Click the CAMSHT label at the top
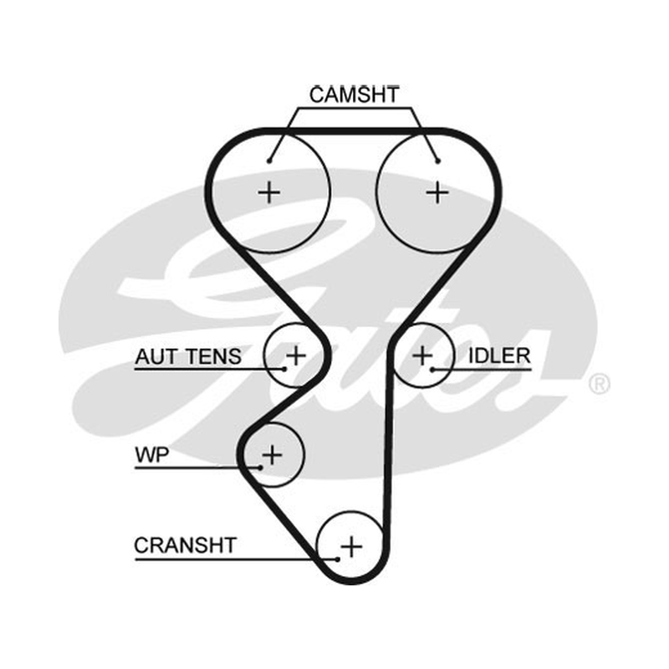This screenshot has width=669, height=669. tap(354, 94)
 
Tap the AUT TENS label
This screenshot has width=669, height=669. tap(188, 357)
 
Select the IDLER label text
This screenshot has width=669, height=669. tap(499, 356)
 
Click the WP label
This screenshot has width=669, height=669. tap(152, 455)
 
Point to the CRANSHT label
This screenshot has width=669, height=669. tap(185, 545)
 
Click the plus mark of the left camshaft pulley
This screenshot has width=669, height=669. tap(268, 192)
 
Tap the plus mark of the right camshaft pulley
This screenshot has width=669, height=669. tap(437, 193)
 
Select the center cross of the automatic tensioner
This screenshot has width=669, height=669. tap(296, 355)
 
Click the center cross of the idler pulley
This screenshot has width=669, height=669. tap(422, 355)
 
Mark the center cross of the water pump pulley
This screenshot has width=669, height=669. tap(272, 454)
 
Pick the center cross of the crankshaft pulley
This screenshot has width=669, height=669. tap(351, 547)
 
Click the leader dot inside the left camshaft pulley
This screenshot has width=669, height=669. tap(269, 161)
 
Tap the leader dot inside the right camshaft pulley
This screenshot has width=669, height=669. tap(437, 161)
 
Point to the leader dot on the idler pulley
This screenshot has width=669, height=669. tap(432, 370)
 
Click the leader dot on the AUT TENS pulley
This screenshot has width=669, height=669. tap(284, 370)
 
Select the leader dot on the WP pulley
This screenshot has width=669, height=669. tap(261, 468)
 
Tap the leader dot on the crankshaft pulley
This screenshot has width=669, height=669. tap(338, 559)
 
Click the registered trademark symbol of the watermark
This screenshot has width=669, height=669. tap(599, 384)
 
